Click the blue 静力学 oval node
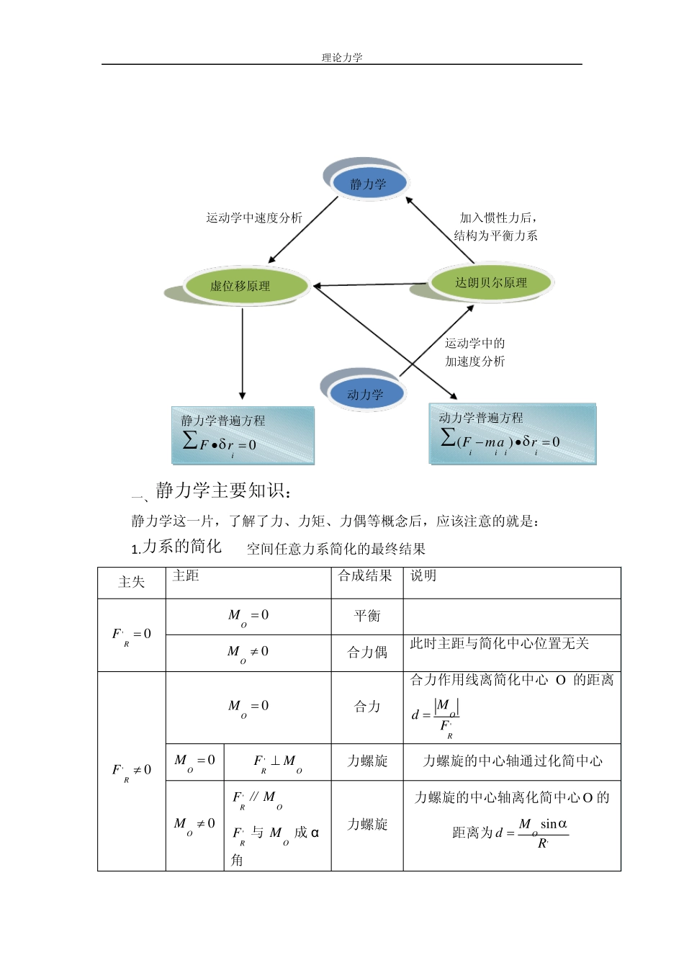[369, 184]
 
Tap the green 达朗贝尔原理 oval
[491, 282]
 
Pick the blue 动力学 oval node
[366, 394]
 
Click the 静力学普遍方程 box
[243, 435]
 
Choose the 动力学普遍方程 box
[512, 434]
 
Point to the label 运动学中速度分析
[254, 218]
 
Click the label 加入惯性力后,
[498, 217]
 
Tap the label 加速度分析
[474, 361]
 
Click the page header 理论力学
[342, 58]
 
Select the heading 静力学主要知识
[223, 491]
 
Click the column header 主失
[132, 582]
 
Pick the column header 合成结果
[366, 575]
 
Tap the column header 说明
[423, 575]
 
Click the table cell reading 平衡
[367, 616]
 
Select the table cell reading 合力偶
[367, 653]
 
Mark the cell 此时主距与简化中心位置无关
[500, 643]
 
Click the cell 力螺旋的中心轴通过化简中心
[512, 761]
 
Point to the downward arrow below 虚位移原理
[243, 353]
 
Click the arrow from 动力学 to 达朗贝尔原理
[437, 340]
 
